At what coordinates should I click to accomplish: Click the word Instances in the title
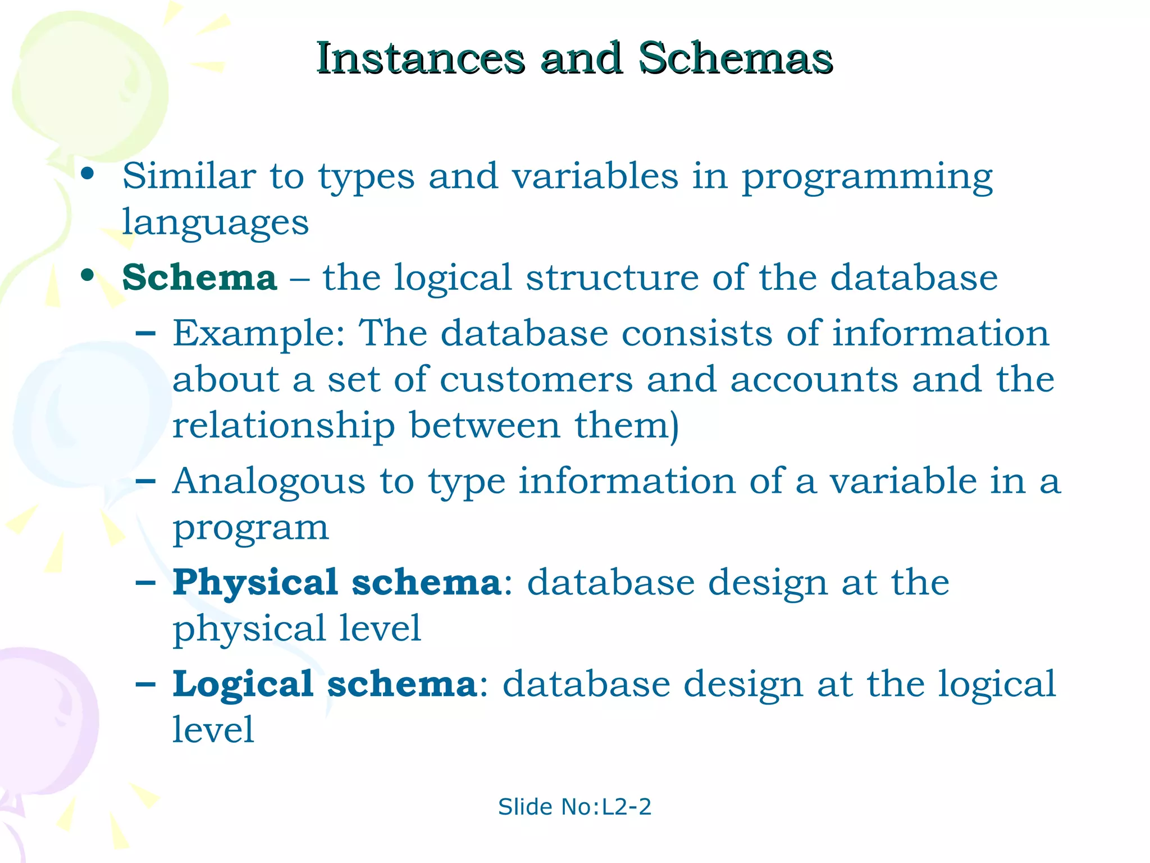pyautogui.click(x=420, y=58)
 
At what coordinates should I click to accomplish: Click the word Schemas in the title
pyautogui.click(x=736, y=58)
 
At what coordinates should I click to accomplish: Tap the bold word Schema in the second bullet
pyautogui.click(x=199, y=278)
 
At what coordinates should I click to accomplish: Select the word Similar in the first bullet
pyautogui.click(x=189, y=176)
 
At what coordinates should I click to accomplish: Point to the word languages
pyautogui.click(x=215, y=222)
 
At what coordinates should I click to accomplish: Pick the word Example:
pyautogui.click(x=258, y=334)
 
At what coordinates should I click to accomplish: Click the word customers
pyautogui.click(x=536, y=380)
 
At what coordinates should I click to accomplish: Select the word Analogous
pyautogui.click(x=268, y=482)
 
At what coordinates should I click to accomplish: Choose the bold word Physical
pyautogui.click(x=255, y=583)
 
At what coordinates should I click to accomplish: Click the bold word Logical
pyautogui.click(x=243, y=685)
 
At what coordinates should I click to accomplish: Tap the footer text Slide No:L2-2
pyautogui.click(x=574, y=807)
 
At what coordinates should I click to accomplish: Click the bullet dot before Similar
pyautogui.click(x=87, y=174)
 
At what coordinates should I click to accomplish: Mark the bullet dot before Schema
pyautogui.click(x=87, y=275)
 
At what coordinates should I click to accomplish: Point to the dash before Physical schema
pyautogui.click(x=146, y=583)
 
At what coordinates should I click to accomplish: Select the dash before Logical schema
pyautogui.click(x=146, y=685)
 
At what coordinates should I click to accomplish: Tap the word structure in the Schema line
pyautogui.click(x=612, y=278)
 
